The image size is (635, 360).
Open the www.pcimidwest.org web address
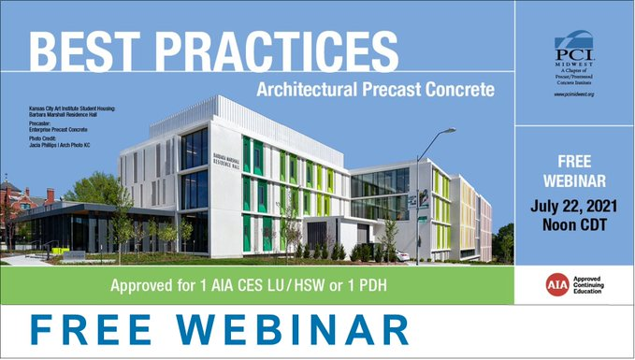[574, 94]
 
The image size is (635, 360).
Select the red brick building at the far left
[14, 201]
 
